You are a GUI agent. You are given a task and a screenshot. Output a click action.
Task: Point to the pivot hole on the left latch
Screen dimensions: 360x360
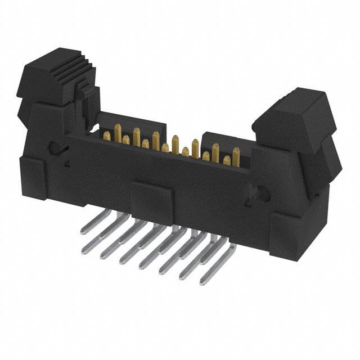[x=55, y=148]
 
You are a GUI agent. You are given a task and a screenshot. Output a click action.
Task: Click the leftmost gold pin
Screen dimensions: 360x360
[x=107, y=135]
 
